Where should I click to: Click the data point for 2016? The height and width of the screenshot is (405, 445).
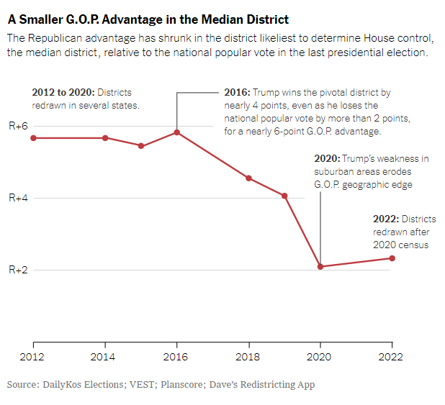coord(176,132)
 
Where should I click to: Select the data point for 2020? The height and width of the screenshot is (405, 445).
coord(320,267)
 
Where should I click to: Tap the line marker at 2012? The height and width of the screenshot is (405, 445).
coord(33,137)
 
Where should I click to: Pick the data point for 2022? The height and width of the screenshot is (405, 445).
coord(392,258)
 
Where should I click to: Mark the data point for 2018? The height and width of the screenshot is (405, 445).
coord(248,178)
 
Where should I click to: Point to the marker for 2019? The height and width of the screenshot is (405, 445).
coord(284,196)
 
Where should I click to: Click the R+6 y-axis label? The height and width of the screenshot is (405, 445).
coord(19,126)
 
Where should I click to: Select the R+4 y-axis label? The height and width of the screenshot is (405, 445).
coord(19,198)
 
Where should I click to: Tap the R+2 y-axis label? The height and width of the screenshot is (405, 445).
coord(19,270)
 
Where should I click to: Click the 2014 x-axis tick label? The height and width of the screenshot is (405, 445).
coord(104,357)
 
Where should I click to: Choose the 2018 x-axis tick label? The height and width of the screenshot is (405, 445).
coord(248,357)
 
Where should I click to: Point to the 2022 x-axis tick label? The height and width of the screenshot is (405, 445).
coord(392,357)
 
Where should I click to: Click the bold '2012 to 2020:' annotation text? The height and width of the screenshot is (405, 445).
coord(63,93)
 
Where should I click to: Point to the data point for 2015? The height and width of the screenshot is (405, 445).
coord(141,146)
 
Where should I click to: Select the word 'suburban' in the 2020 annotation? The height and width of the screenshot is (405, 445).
coord(336,172)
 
